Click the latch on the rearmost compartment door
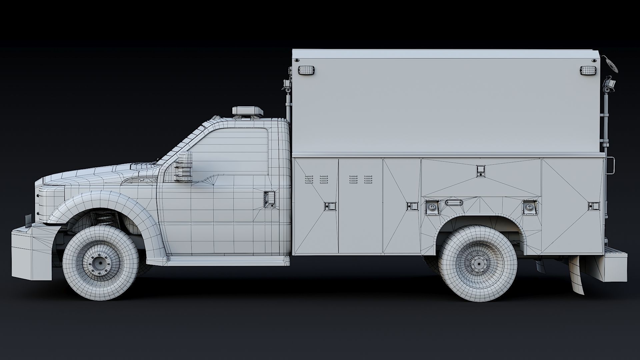pyautogui.click(x=593, y=206)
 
